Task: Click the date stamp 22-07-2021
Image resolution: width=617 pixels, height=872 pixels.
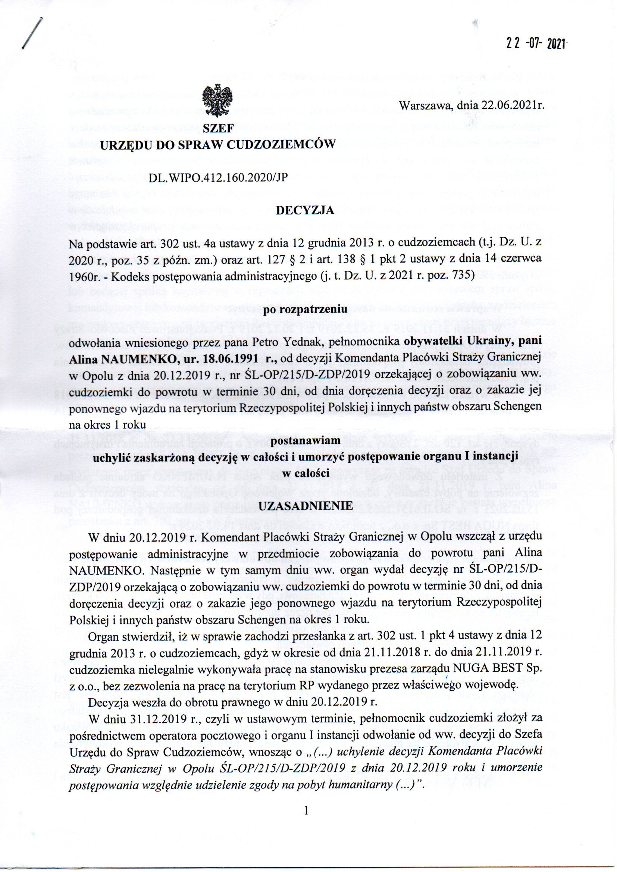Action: pos(536,44)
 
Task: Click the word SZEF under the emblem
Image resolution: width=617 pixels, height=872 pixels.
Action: pos(218,129)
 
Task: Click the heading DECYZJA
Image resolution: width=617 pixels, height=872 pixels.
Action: pos(305,210)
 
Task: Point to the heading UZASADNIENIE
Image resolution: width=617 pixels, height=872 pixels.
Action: pos(306,505)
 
